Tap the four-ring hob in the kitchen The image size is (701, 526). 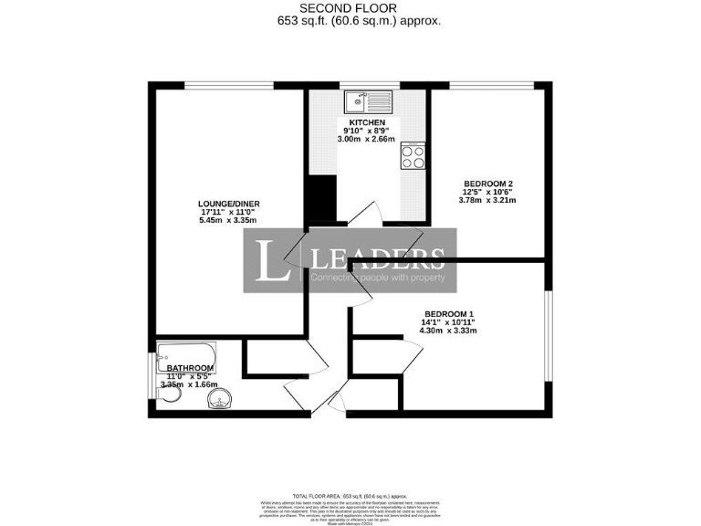click(x=413, y=157)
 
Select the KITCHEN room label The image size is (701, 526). click(x=367, y=121)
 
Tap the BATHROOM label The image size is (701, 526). click(x=190, y=367)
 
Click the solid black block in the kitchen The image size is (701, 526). click(x=320, y=197)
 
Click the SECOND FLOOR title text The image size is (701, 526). click(x=350, y=7)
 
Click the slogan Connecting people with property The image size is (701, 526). click(x=377, y=277)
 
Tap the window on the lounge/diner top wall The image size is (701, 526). click(x=228, y=85)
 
